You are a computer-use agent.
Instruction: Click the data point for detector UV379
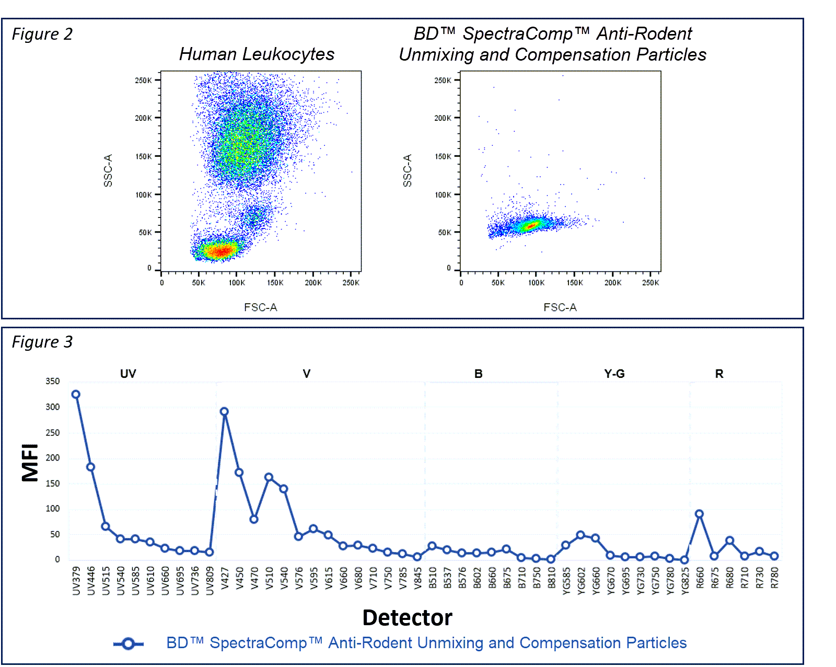[x=76, y=395]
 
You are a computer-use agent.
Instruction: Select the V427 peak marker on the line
[x=224, y=412]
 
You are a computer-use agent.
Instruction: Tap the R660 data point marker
[x=699, y=514]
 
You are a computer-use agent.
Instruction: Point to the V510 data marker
[x=269, y=477]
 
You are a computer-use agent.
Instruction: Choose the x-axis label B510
[x=433, y=578]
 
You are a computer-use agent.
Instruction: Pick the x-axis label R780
[x=774, y=578]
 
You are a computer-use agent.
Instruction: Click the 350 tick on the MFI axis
[x=53, y=382]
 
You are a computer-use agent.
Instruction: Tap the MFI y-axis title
[x=30, y=463]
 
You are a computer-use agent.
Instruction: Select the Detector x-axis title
[x=407, y=618]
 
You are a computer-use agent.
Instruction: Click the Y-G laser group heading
[x=614, y=374]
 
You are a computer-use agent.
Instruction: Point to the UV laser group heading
[x=128, y=374]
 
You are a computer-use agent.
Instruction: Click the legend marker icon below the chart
[x=129, y=644]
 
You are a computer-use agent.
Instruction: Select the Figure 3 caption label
[x=42, y=342]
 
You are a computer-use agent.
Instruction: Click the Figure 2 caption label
[x=42, y=34]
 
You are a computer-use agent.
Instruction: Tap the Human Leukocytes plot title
[x=257, y=54]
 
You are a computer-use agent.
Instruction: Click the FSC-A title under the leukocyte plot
[x=260, y=307]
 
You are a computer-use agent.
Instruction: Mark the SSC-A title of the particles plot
[x=407, y=171]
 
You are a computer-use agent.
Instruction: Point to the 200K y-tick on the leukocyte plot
[x=143, y=118]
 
